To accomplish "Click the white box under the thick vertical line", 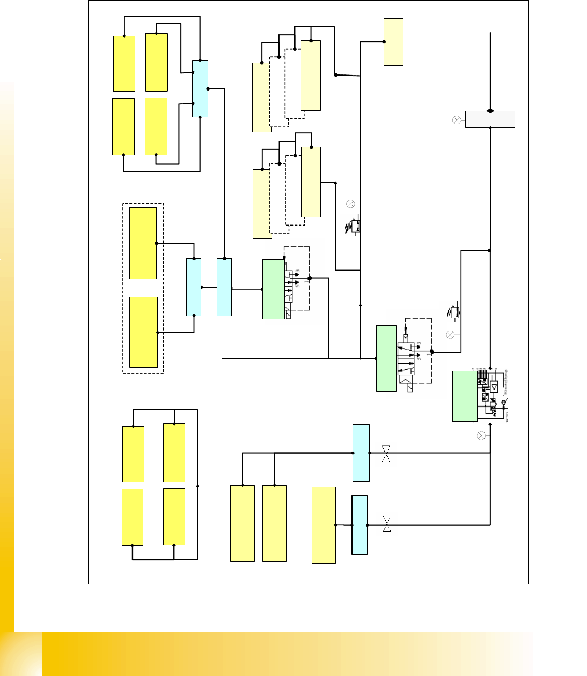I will pyautogui.click(x=490, y=119).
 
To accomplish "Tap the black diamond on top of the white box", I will pyautogui.click(x=490, y=111).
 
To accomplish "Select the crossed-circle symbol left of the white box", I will pyautogui.click(x=457, y=120).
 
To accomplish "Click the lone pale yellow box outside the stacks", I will pyautogui.click(x=393, y=42).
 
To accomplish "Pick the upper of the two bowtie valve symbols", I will pyautogui.click(x=386, y=453).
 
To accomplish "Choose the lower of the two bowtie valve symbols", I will pyautogui.click(x=387, y=523).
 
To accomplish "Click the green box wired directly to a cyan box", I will pyautogui.click(x=273, y=289).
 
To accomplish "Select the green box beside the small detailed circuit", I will pyautogui.click(x=465, y=396).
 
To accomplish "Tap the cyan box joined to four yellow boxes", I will pyautogui.click(x=200, y=88).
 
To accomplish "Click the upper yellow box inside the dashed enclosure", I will pyautogui.click(x=143, y=243).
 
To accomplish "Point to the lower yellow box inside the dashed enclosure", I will pyautogui.click(x=143, y=332).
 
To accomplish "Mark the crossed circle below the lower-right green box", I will pyautogui.click(x=481, y=436).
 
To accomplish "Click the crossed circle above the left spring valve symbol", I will pyautogui.click(x=350, y=204).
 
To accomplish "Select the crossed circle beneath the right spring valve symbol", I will pyautogui.click(x=450, y=335).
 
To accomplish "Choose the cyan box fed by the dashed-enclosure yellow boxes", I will pyautogui.click(x=194, y=287).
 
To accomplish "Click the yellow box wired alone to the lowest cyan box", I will pyautogui.click(x=324, y=525).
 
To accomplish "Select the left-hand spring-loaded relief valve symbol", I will pyautogui.click(x=354, y=227).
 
